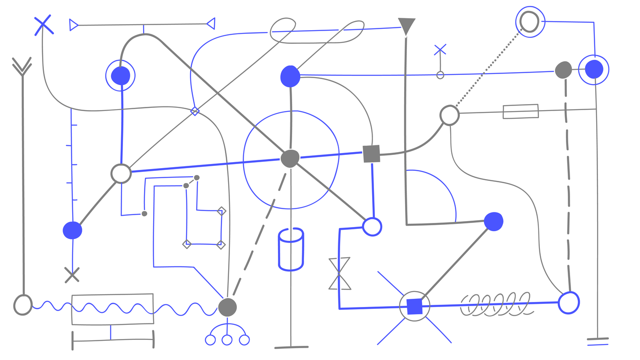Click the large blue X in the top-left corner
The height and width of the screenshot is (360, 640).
click(43, 25)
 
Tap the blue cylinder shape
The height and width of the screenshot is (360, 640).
click(291, 249)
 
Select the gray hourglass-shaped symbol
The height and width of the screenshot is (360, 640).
click(339, 274)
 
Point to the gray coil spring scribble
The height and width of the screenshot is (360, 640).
click(496, 304)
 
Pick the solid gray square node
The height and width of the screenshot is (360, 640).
click(371, 154)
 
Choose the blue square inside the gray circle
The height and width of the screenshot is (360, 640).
click(415, 306)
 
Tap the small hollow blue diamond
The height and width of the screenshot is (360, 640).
click(195, 111)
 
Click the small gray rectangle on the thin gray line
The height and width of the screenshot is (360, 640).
click(520, 111)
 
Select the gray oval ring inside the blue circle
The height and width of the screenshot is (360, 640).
click(529, 21)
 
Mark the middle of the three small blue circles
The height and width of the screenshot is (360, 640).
click(227, 340)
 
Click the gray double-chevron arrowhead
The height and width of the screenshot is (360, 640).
click(22, 67)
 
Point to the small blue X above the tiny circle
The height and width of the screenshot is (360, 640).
click(440, 50)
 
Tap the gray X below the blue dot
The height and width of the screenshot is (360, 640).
click(72, 275)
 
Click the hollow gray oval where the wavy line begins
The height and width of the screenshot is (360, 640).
click(23, 305)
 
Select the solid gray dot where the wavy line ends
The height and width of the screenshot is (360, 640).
click(227, 307)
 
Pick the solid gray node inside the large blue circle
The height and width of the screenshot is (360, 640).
click(290, 159)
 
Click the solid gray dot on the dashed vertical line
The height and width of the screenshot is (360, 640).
click(563, 70)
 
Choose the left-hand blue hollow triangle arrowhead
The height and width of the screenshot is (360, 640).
click(74, 25)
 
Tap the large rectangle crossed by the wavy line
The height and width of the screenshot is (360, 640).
click(112, 309)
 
